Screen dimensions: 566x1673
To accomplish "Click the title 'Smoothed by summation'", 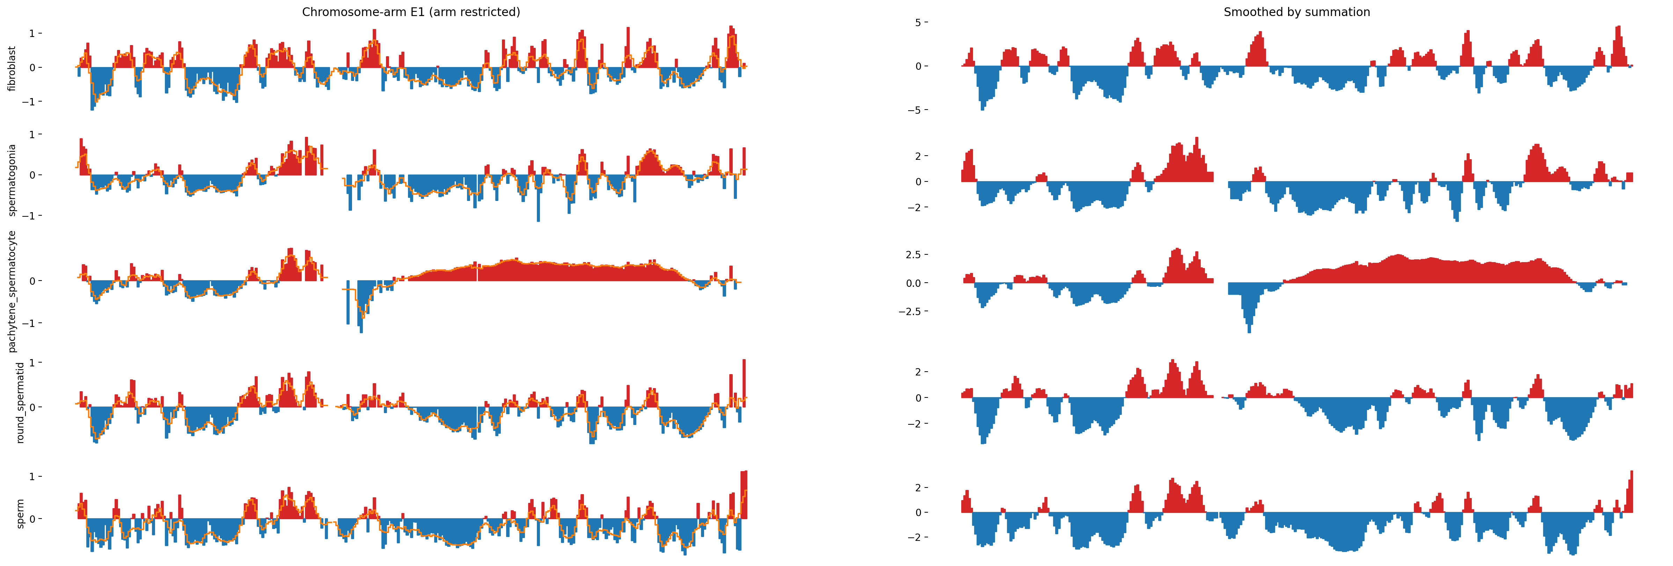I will (1296, 12).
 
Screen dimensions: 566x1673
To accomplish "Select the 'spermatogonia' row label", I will (12, 180).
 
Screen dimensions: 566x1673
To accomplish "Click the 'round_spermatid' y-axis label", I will (20, 402).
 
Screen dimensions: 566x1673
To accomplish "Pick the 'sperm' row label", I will (20, 513).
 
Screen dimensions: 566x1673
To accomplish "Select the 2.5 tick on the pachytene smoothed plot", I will (913, 254).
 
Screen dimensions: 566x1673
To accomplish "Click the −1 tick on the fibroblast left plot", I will (30, 102).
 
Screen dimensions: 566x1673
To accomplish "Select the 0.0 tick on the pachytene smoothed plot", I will (913, 283).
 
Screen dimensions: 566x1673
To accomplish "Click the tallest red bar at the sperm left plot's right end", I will (744, 493).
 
